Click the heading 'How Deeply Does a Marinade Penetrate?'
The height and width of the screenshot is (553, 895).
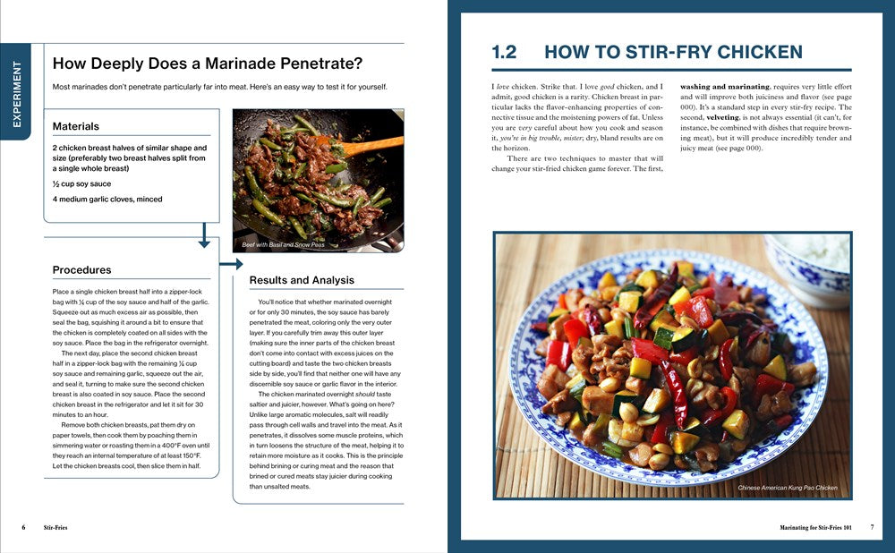(x=208, y=64)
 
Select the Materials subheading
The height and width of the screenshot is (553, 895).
(x=76, y=126)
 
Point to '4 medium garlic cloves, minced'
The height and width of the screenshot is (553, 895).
(x=107, y=200)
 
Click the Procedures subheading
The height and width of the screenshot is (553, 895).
(x=81, y=269)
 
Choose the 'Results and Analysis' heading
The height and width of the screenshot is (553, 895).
(x=302, y=280)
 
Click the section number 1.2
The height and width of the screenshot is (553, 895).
(x=505, y=53)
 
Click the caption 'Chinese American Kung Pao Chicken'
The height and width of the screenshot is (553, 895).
(x=787, y=488)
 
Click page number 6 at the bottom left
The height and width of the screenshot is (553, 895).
(x=23, y=527)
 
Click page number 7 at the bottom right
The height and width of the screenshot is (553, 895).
(x=872, y=527)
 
